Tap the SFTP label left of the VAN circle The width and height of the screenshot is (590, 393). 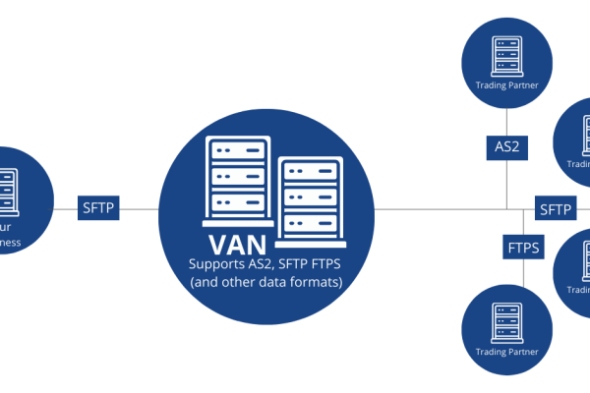[98, 208]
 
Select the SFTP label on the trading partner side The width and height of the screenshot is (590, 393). [555, 208]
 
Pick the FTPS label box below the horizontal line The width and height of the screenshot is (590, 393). [523, 247]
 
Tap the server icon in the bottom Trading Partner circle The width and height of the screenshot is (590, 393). [508, 317]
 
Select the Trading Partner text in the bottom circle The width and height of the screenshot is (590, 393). [508, 352]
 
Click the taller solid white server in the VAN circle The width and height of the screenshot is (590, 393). [237, 180]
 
